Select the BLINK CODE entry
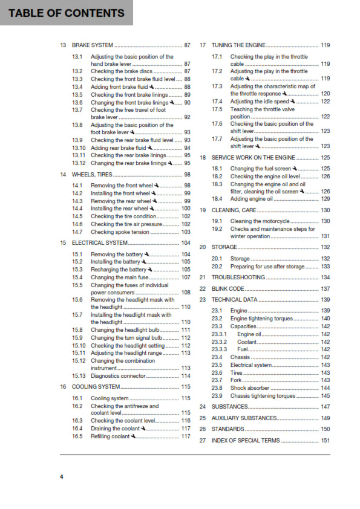click(228, 289)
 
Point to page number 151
click(326, 441)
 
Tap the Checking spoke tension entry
click(120, 232)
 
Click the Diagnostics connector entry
click(118, 376)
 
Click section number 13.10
click(77, 148)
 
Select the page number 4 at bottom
click(61, 477)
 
